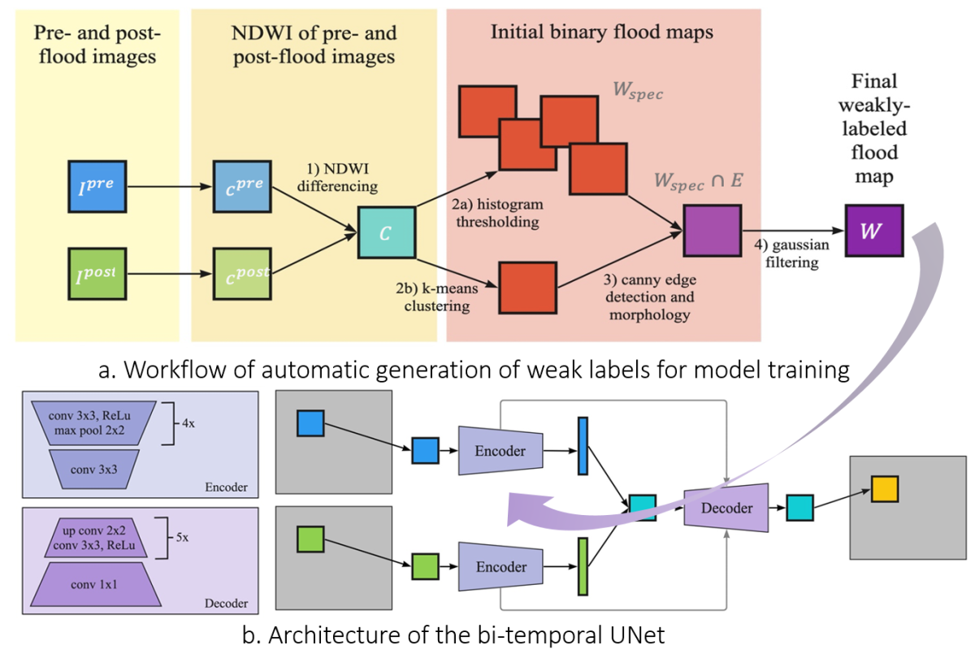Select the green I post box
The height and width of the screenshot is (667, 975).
click(x=96, y=275)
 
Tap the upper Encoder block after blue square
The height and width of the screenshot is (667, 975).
click(x=500, y=451)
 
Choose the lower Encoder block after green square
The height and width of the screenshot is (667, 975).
click(x=500, y=567)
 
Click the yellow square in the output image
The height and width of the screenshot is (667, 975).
click(x=885, y=489)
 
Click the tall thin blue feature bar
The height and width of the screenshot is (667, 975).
click(x=582, y=445)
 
